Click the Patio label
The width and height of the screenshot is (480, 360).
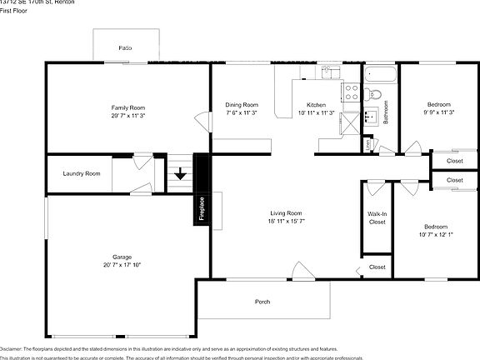coord(124,48)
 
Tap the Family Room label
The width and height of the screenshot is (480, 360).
coord(128,107)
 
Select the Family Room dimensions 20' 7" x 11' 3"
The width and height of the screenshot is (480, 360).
coord(128,116)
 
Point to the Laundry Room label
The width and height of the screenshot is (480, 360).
coord(82,173)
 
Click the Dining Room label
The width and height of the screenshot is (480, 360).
coord(242,104)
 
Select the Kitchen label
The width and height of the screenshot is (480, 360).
coord(316,104)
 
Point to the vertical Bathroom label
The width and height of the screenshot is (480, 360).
coord(386,113)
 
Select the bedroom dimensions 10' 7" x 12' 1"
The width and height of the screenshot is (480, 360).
coord(435,235)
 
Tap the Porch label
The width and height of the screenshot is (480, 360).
coord(262,301)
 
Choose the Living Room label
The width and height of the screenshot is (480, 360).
coord(284,212)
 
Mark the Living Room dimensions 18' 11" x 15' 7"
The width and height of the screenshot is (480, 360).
coord(284,221)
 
